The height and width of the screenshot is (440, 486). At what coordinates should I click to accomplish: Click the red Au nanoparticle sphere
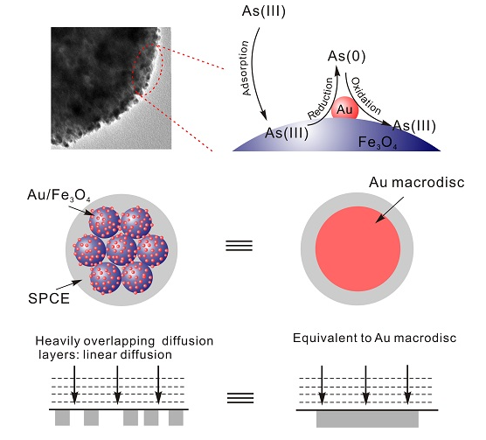tap(344, 108)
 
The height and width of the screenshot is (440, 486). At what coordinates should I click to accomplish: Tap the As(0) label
tap(346, 57)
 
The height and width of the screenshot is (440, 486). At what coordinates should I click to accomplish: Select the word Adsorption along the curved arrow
tap(245, 68)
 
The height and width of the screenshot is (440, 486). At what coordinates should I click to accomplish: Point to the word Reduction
tap(321, 98)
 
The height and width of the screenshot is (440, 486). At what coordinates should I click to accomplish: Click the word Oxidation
tap(365, 95)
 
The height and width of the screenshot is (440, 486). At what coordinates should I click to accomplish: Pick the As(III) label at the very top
tap(263, 11)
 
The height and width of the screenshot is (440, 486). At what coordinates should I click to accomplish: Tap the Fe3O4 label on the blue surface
tap(378, 143)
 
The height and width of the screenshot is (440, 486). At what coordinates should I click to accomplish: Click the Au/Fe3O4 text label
tap(59, 195)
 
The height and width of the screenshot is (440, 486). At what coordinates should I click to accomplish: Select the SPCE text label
tap(49, 298)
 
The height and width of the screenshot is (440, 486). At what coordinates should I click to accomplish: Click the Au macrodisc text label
tap(417, 182)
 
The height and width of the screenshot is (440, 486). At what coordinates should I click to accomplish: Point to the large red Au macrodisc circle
tap(358, 248)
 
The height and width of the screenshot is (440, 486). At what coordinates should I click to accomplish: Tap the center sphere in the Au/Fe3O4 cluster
tap(121, 249)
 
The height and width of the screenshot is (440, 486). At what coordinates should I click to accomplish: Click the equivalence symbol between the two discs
tap(239, 246)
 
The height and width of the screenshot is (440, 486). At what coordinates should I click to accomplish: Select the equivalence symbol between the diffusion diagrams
tap(240, 397)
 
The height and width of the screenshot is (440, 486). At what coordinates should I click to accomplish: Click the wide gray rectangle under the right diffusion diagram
tap(367, 419)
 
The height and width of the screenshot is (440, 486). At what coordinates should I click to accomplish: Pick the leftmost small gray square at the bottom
tap(62, 418)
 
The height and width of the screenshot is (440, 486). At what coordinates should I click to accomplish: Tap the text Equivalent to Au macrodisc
tap(374, 338)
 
